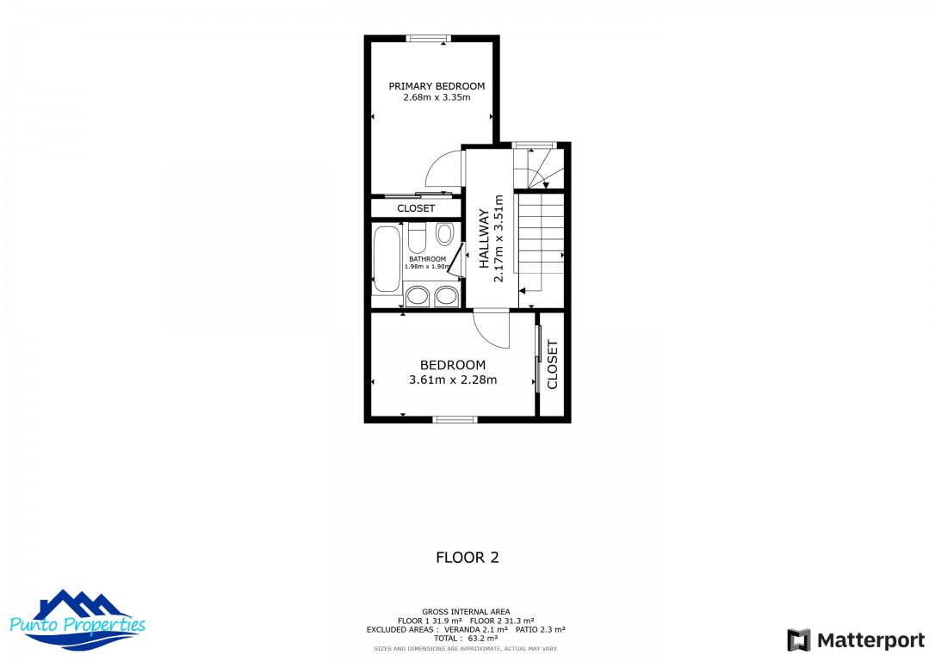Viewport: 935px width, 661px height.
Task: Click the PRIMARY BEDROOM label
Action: [437, 86]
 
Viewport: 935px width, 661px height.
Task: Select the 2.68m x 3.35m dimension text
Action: [437, 97]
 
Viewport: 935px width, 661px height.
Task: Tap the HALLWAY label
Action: [484, 238]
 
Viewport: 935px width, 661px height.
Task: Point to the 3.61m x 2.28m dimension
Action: [453, 380]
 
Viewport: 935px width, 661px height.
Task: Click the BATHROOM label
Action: [428, 259]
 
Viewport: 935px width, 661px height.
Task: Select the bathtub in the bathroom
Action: [387, 259]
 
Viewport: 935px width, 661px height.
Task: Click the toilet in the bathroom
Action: [417, 238]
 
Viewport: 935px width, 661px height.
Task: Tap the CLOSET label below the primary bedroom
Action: [416, 208]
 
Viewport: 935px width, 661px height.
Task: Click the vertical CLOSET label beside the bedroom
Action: [552, 365]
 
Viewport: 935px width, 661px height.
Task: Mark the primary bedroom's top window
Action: [428, 39]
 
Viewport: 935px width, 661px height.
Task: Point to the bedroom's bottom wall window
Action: [455, 420]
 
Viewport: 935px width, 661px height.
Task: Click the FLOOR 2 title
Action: [467, 558]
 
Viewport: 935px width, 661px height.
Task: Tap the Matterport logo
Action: [856, 640]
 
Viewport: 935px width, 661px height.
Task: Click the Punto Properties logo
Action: [77, 621]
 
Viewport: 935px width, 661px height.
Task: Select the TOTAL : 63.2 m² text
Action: [466, 638]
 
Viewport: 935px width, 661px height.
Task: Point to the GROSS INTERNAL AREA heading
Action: [466, 612]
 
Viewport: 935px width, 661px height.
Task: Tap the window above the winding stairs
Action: [535, 145]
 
